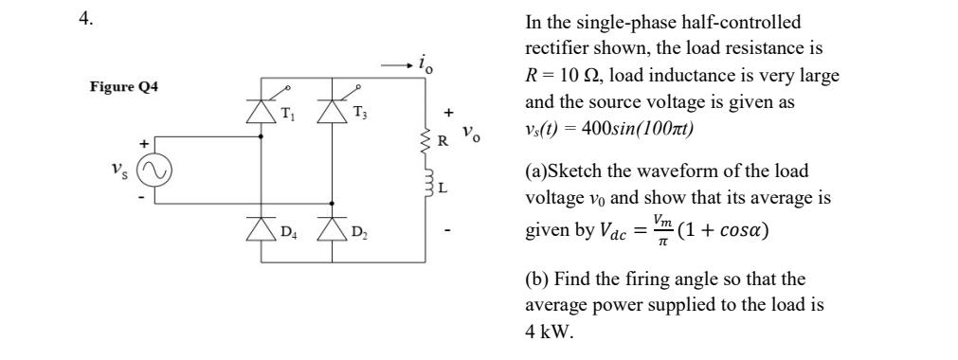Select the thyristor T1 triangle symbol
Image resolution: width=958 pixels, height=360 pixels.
pos(262,113)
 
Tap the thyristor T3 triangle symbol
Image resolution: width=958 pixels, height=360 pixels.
pos(331,113)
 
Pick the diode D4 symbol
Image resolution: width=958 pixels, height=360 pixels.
pos(262,227)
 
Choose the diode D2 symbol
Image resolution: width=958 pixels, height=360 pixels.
pos(331,227)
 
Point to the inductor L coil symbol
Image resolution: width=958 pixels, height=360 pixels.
pos(424,184)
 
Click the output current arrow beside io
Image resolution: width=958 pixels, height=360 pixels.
pos(395,66)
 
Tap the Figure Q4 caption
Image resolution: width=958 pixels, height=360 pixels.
pos(124,87)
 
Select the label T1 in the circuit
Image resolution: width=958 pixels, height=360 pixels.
pos(288,117)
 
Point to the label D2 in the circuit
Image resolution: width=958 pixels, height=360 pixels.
pos(358,232)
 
